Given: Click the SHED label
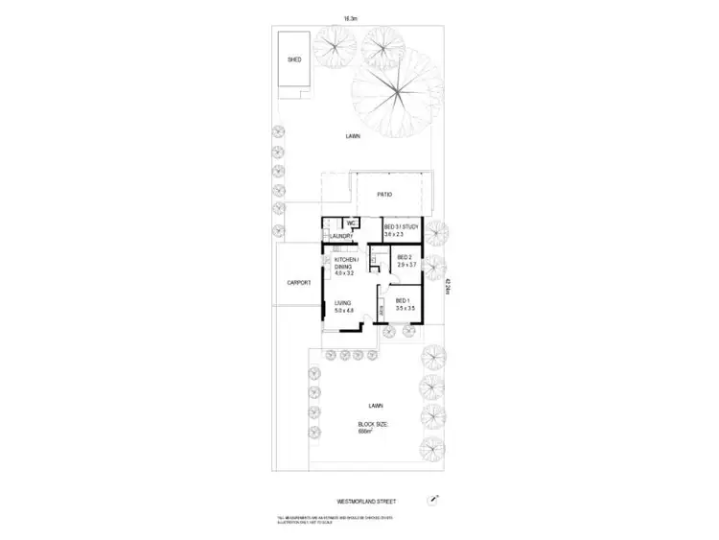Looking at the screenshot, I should point(294,59).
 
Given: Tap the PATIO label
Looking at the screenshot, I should point(383,196).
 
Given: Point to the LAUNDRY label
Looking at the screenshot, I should point(342,236).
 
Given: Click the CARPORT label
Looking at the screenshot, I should point(298,283).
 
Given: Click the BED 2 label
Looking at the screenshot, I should point(404,258).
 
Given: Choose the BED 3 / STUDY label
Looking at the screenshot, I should point(402,226).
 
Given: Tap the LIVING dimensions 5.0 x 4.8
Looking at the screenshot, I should point(344,311).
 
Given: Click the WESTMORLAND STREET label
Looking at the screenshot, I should point(368,501).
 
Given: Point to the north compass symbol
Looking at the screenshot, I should point(434,500).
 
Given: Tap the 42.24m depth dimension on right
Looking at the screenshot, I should point(448,288).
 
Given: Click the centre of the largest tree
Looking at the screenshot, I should point(391,94).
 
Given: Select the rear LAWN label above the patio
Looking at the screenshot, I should point(354,137).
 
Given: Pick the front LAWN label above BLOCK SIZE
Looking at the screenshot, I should point(363,406).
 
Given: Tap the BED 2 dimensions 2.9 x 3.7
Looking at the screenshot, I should point(404,266).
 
